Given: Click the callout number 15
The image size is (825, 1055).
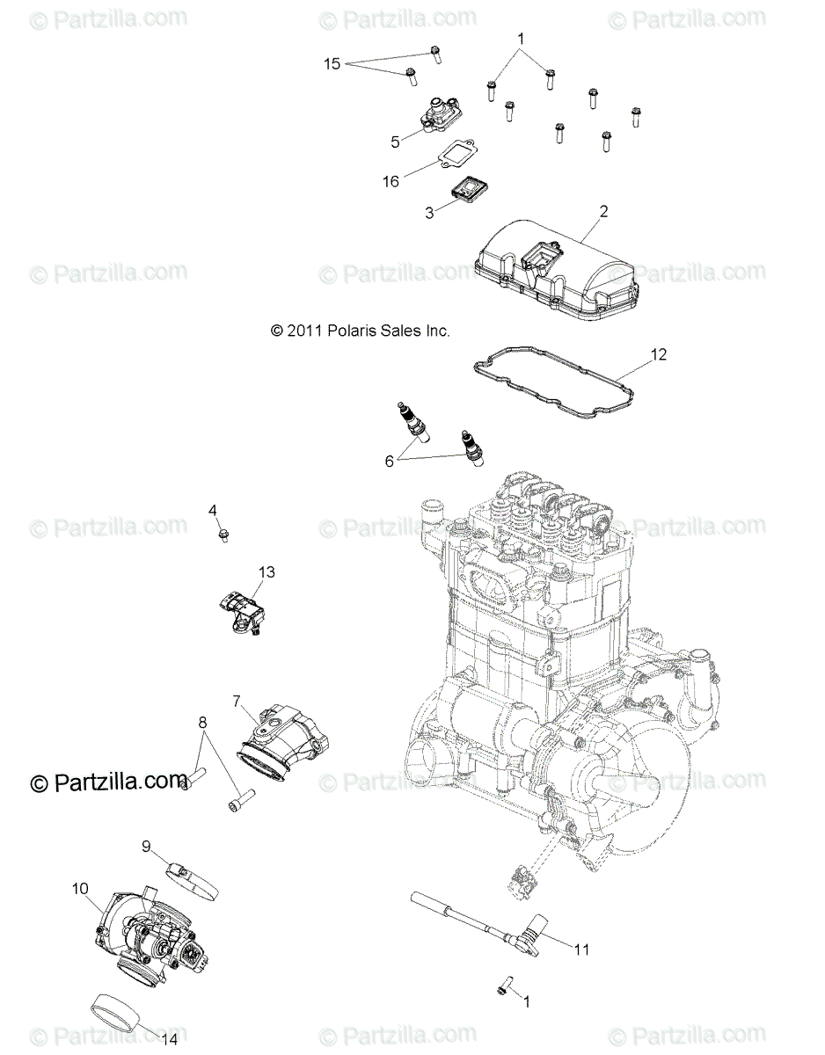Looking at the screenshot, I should [332, 63].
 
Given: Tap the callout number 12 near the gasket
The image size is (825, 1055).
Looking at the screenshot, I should [659, 354].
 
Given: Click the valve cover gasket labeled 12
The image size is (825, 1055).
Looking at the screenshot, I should [563, 387].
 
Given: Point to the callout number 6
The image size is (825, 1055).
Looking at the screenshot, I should [390, 459].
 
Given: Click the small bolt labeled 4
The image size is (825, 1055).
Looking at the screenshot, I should [223, 534].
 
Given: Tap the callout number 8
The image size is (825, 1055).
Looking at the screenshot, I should [202, 724].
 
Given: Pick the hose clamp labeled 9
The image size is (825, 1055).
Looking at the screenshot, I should [190, 869].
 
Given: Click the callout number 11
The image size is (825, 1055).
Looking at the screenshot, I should [581, 949].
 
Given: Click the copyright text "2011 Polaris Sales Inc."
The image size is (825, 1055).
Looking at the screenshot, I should [360, 331].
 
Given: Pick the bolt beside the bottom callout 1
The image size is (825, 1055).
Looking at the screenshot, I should [504, 988].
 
